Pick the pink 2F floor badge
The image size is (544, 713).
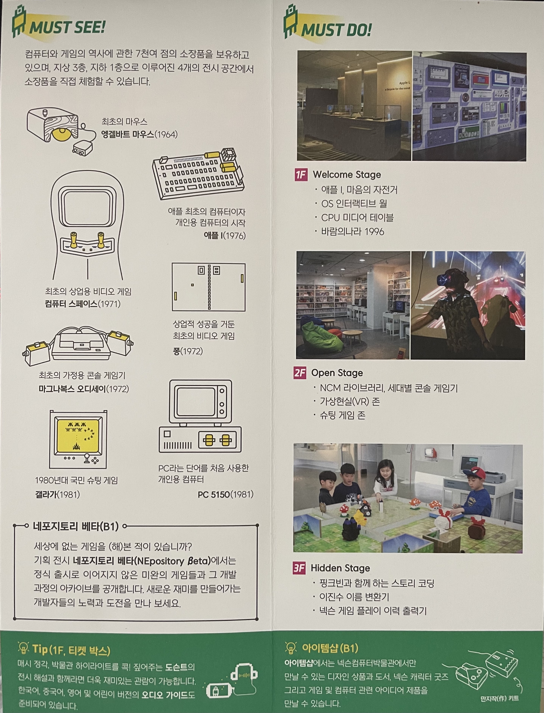(300, 373)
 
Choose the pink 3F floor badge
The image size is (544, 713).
(299, 568)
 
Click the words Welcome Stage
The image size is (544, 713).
(347, 175)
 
